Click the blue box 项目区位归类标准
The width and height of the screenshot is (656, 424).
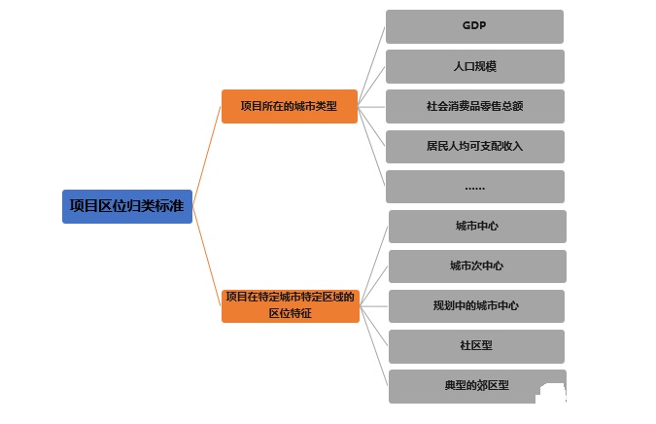(127, 206)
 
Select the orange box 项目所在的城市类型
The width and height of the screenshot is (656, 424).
(289, 106)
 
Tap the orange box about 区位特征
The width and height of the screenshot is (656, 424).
(291, 305)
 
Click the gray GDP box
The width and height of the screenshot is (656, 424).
(474, 26)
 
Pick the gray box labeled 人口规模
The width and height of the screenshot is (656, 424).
(474, 66)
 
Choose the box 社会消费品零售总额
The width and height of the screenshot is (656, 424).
(474, 106)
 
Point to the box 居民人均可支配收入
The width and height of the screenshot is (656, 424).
(474, 146)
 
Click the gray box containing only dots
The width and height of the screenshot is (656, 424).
(474, 186)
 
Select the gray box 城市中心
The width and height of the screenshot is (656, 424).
(476, 226)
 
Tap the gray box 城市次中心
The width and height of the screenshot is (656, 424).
(476, 265)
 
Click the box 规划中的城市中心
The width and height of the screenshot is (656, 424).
(476, 305)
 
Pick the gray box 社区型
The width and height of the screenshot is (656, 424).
(476, 345)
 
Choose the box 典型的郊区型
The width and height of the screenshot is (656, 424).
(476, 385)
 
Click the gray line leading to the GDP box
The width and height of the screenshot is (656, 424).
(372, 64)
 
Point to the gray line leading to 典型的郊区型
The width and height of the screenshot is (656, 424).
(374, 347)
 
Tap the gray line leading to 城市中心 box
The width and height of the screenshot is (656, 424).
(374, 264)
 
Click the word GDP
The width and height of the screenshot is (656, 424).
(474, 26)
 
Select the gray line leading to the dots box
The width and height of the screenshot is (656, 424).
(372, 144)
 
